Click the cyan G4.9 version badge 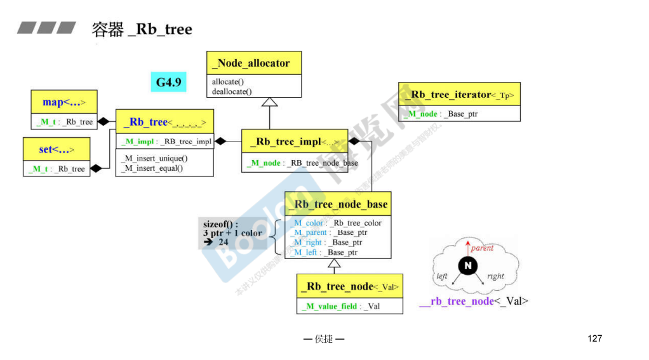169,82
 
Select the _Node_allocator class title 254,63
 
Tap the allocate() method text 228,82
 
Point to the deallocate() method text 232,91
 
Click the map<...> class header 64,102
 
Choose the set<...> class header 56,150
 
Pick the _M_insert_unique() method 155,158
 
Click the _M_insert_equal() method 152,168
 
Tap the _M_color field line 337,223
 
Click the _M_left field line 325,252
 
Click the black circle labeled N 468,265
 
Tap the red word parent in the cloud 482,248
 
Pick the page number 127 594,338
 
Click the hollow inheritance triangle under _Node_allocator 270,102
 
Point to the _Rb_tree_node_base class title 338,204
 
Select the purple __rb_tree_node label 457,301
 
